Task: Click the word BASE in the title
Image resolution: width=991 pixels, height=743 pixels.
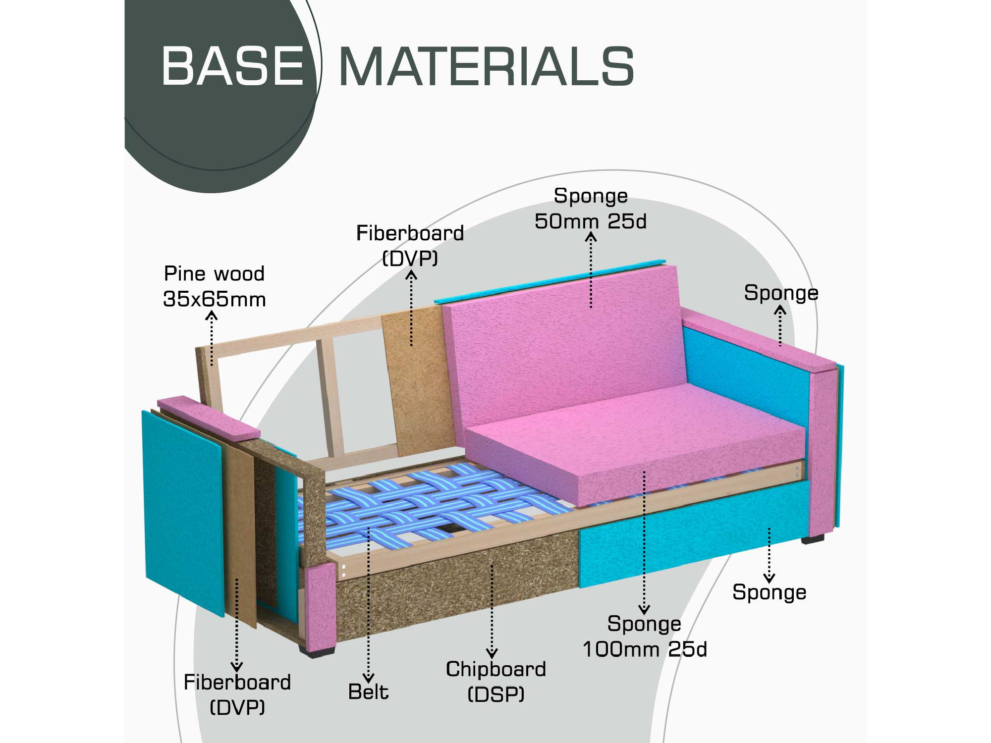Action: [x=232, y=66]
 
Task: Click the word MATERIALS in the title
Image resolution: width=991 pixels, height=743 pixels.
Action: [x=486, y=66]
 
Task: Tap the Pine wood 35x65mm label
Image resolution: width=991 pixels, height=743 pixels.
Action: [x=215, y=286]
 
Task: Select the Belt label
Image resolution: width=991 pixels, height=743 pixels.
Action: [x=368, y=691]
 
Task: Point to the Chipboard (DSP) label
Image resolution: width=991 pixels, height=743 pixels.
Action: [x=495, y=681]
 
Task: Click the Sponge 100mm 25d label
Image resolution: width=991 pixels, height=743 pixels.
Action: [x=644, y=637]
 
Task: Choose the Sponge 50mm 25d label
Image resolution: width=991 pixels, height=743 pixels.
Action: [x=591, y=209]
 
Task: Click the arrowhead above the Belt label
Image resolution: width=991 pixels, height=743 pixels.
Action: [x=368, y=678]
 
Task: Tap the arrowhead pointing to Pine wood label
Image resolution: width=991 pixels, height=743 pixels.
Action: [x=212, y=316]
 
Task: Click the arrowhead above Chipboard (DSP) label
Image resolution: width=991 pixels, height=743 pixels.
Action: [x=492, y=653]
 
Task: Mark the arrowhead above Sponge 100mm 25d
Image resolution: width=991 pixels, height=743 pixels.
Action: [x=644, y=609]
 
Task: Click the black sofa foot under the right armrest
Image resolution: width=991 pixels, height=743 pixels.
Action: [x=813, y=538]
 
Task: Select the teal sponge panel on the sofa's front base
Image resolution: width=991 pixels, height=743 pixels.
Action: [x=694, y=532]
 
